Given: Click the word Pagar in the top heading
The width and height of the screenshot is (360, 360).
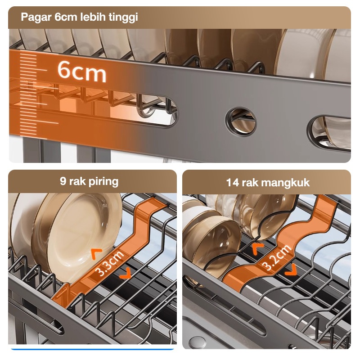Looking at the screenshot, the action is pos(36,17).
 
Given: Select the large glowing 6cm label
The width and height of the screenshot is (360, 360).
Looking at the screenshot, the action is pos(82,71).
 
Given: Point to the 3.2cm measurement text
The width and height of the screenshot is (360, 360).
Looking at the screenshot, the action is pos(277,257).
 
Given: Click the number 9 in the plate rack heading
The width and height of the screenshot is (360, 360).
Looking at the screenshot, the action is pos(63,181).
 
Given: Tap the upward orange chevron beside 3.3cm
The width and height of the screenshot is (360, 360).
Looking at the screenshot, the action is pos(96,253).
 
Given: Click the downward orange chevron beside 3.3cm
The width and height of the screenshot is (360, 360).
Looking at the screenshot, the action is pos(126,274).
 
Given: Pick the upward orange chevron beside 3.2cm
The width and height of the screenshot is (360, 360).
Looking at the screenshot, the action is pos(258,249).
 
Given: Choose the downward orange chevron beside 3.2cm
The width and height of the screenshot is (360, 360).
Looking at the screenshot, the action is pos(291,270).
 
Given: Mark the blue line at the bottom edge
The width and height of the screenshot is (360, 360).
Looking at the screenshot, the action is pos(92,349).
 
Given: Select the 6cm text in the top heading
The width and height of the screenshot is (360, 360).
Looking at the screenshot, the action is pos(65,17).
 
